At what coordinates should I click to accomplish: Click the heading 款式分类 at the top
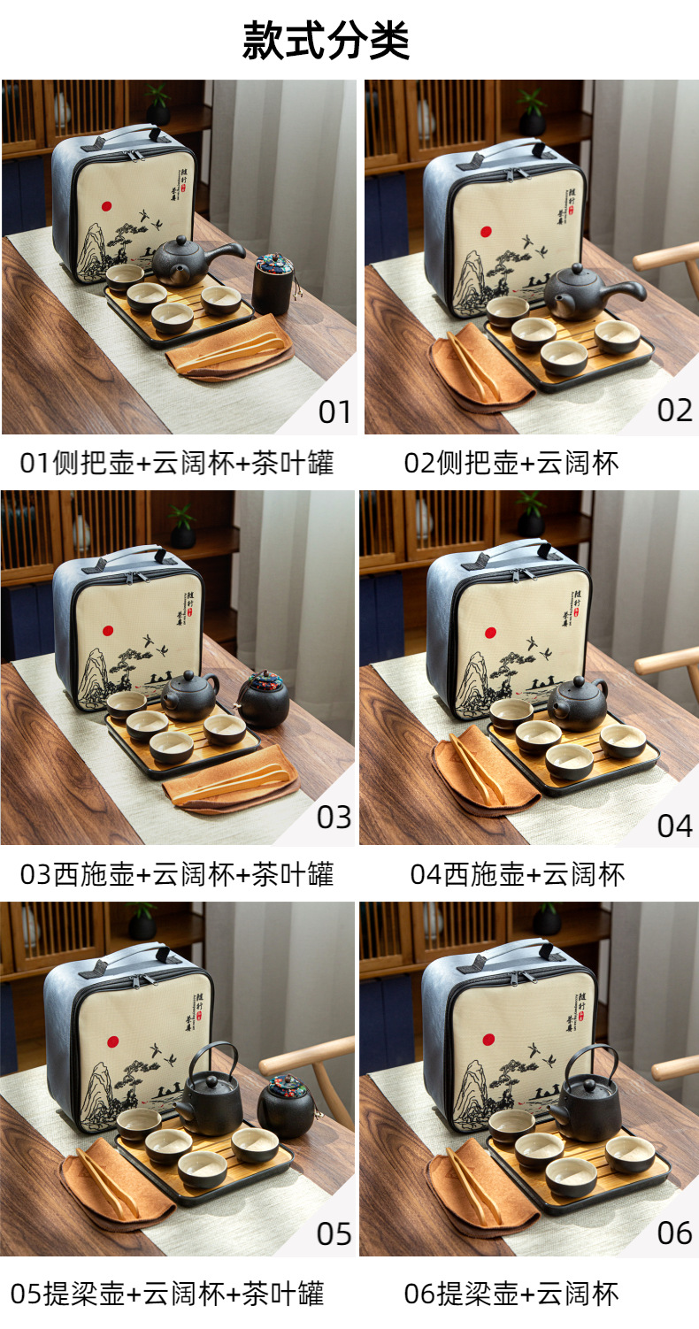tap(326, 40)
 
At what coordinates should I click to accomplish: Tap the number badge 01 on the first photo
tap(334, 411)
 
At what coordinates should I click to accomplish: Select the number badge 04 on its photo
tap(674, 826)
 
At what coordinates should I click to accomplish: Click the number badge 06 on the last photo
tap(674, 1233)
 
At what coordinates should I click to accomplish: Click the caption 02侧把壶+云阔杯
tap(511, 463)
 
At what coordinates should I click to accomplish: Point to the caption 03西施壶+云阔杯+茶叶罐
tap(177, 874)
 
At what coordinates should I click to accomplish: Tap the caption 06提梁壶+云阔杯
tap(511, 1294)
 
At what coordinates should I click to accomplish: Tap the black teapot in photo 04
tap(575, 701)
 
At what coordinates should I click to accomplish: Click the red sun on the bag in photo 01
tap(106, 206)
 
